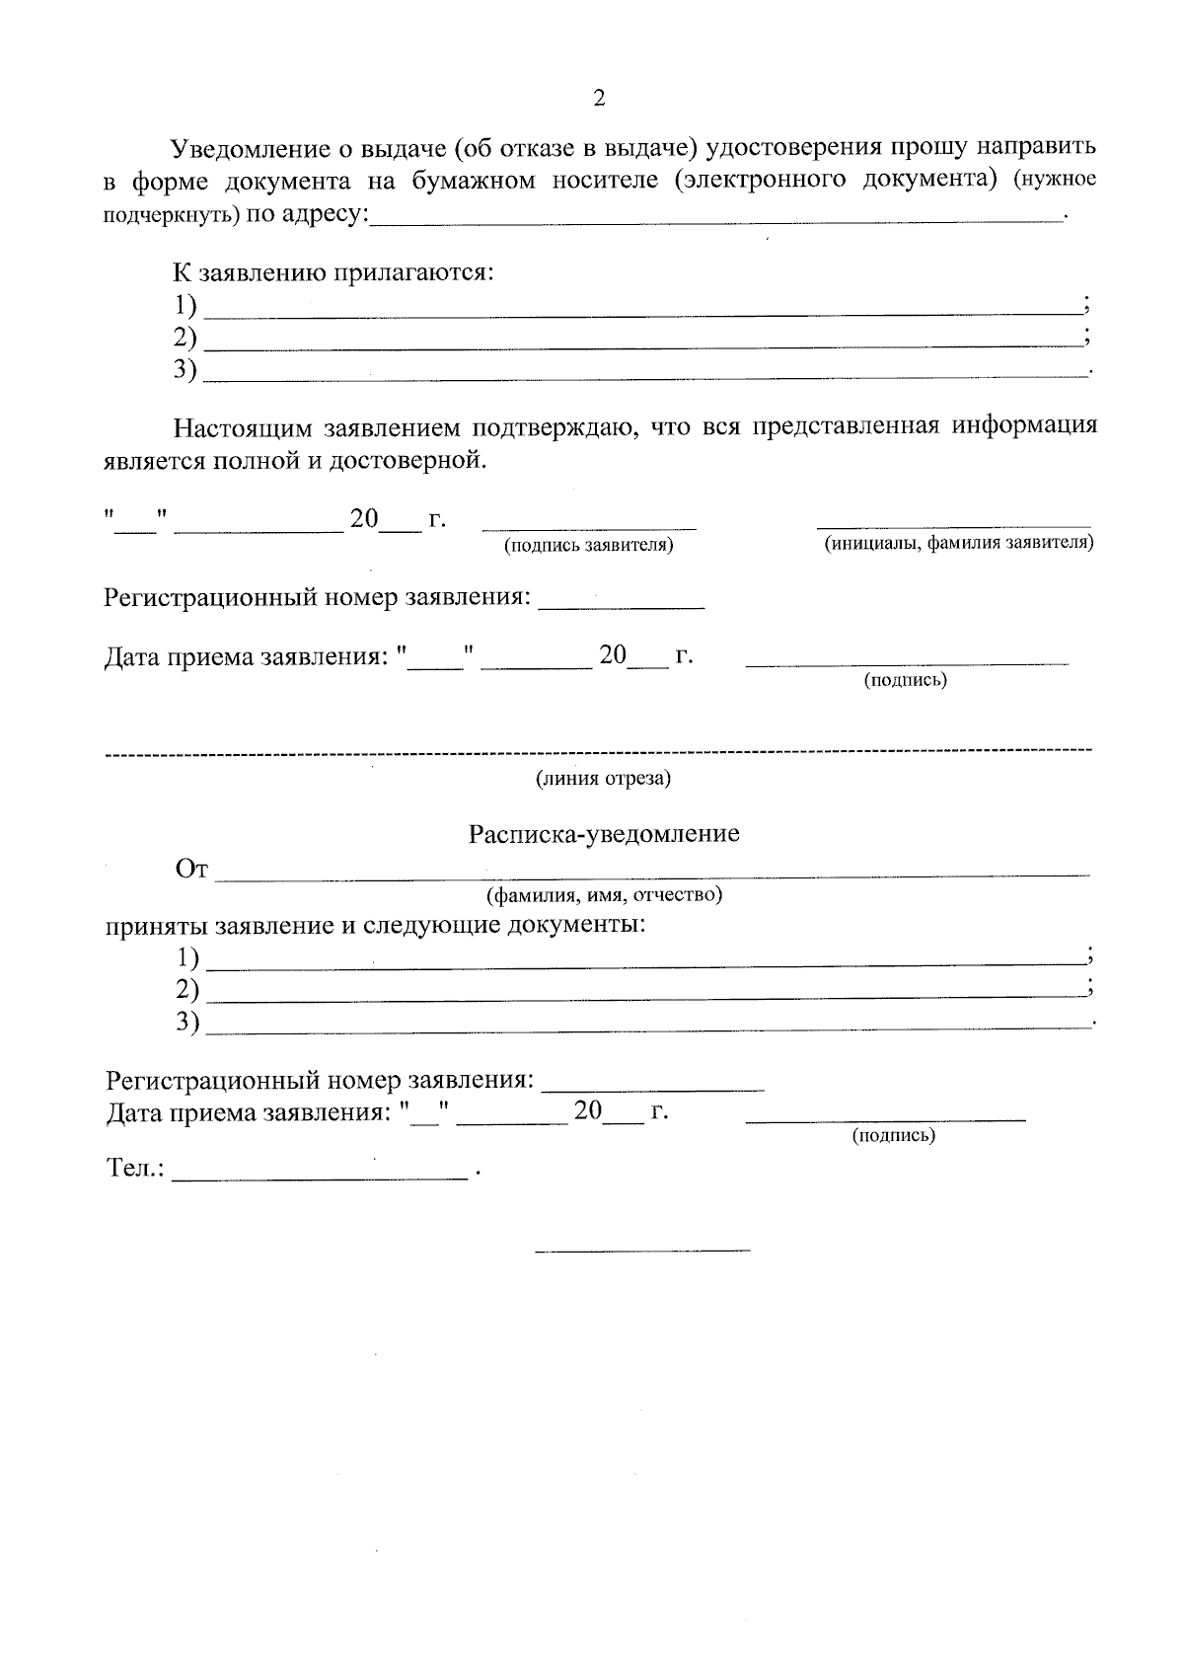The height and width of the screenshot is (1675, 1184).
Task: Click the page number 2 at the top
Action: [598, 98]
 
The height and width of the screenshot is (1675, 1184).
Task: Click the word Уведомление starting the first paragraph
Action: [255, 149]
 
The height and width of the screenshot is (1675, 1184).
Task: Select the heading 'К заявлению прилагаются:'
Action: [333, 272]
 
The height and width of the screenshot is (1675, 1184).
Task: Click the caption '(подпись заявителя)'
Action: [589, 545]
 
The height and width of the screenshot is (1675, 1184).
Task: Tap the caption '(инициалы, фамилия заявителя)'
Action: [958, 543]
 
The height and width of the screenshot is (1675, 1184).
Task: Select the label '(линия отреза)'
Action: [603, 779]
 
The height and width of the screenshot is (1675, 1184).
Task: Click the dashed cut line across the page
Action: [598, 753]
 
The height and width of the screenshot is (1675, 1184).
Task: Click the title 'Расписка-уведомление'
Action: [604, 834]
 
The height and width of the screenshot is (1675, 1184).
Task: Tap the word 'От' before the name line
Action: [191, 870]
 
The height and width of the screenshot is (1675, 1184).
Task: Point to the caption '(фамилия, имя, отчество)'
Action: [604, 895]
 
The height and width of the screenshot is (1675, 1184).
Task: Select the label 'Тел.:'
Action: [134, 1169]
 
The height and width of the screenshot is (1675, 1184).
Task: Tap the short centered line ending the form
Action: [642, 1251]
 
